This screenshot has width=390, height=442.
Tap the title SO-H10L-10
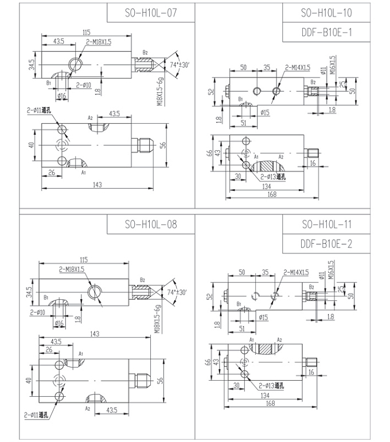(x=326, y=13)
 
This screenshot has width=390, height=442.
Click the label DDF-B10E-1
(x=326, y=32)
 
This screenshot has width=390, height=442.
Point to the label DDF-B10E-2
(x=326, y=244)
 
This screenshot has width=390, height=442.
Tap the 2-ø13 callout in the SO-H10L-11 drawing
(x=271, y=386)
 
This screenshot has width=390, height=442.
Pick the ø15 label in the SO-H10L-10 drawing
(x=265, y=113)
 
